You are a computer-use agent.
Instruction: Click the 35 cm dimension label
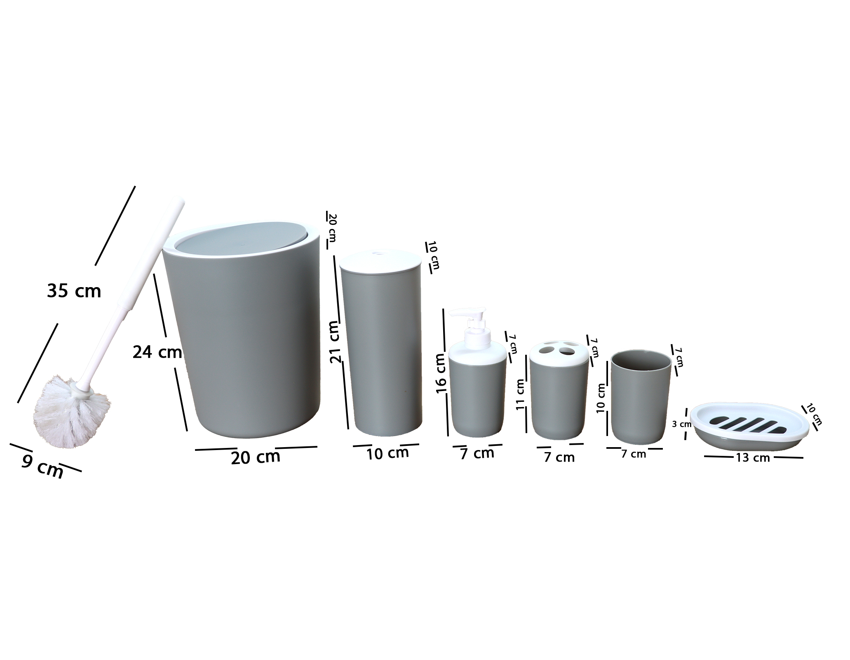[74, 291]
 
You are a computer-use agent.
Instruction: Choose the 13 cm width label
[753, 457]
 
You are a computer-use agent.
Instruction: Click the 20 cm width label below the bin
[256, 457]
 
